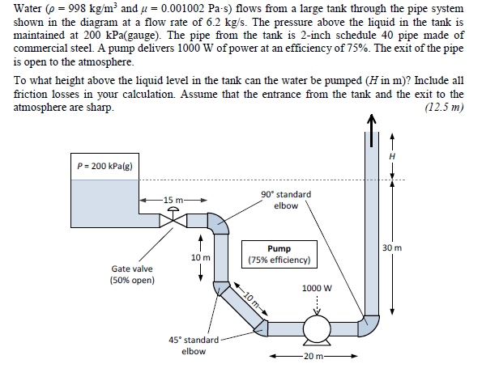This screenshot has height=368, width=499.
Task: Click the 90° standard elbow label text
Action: tap(285, 200)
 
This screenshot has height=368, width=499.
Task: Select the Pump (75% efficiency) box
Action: tap(279, 255)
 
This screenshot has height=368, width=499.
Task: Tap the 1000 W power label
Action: tap(317, 288)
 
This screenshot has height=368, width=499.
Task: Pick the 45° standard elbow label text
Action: tap(193, 345)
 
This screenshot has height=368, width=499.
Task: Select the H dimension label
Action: tap(394, 155)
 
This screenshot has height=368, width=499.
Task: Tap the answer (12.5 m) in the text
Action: tap(444, 108)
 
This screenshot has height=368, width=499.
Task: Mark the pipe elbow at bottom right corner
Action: tap(369, 327)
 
